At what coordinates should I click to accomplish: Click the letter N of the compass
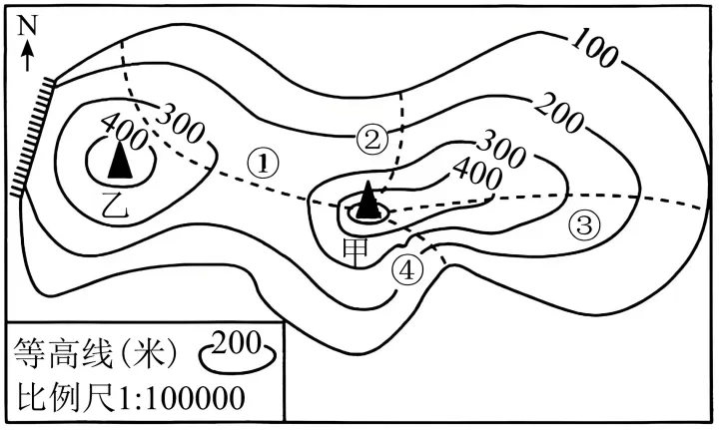27,26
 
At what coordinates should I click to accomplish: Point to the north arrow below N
28,56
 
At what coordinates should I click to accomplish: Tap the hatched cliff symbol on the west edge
33,138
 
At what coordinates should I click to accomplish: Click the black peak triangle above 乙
120,160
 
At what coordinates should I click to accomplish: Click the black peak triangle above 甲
367,200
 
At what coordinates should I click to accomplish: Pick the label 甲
356,253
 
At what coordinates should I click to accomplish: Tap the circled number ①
263,163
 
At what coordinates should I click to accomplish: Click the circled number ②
371,141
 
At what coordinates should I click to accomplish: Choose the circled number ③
584,225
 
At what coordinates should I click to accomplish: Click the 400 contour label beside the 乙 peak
124,132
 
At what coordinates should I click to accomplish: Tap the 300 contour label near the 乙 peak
180,123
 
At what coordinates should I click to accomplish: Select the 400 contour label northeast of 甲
477,174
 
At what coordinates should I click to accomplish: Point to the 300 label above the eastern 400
500,149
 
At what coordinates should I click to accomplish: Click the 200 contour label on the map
559,113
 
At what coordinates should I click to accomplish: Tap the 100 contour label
594,47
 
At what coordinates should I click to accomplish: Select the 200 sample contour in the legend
238,352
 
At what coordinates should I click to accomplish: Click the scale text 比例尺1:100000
130,397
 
